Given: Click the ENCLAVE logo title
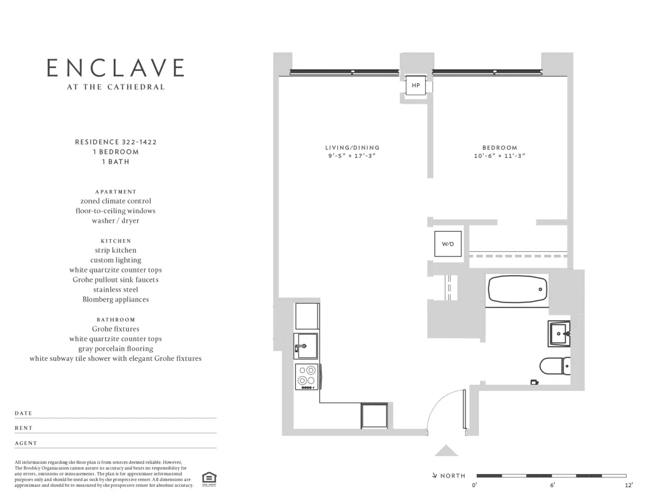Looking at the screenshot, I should pos(115,68).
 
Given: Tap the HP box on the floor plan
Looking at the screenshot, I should pos(415,85).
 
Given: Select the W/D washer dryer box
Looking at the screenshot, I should pos(447,244).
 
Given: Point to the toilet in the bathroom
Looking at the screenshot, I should pos(555,365).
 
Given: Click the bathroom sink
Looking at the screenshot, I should pos(559,334).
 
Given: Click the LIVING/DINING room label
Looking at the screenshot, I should pos(352,148).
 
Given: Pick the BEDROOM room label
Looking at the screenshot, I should pos(500,148).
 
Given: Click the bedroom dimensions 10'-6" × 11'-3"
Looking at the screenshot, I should pos(500,156).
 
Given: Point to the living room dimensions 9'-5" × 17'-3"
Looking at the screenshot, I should pos(352,156).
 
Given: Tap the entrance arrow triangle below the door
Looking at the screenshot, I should pos(446,450).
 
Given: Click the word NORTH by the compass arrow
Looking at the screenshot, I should pos(452,476).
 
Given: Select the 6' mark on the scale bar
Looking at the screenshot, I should pos(552,485).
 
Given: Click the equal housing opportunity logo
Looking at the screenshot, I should pos(209,478).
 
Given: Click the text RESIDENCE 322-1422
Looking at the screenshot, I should pos(116,142).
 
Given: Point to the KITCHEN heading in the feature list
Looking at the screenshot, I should pos(116,241).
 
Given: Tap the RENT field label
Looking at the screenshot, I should pos(23,428).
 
